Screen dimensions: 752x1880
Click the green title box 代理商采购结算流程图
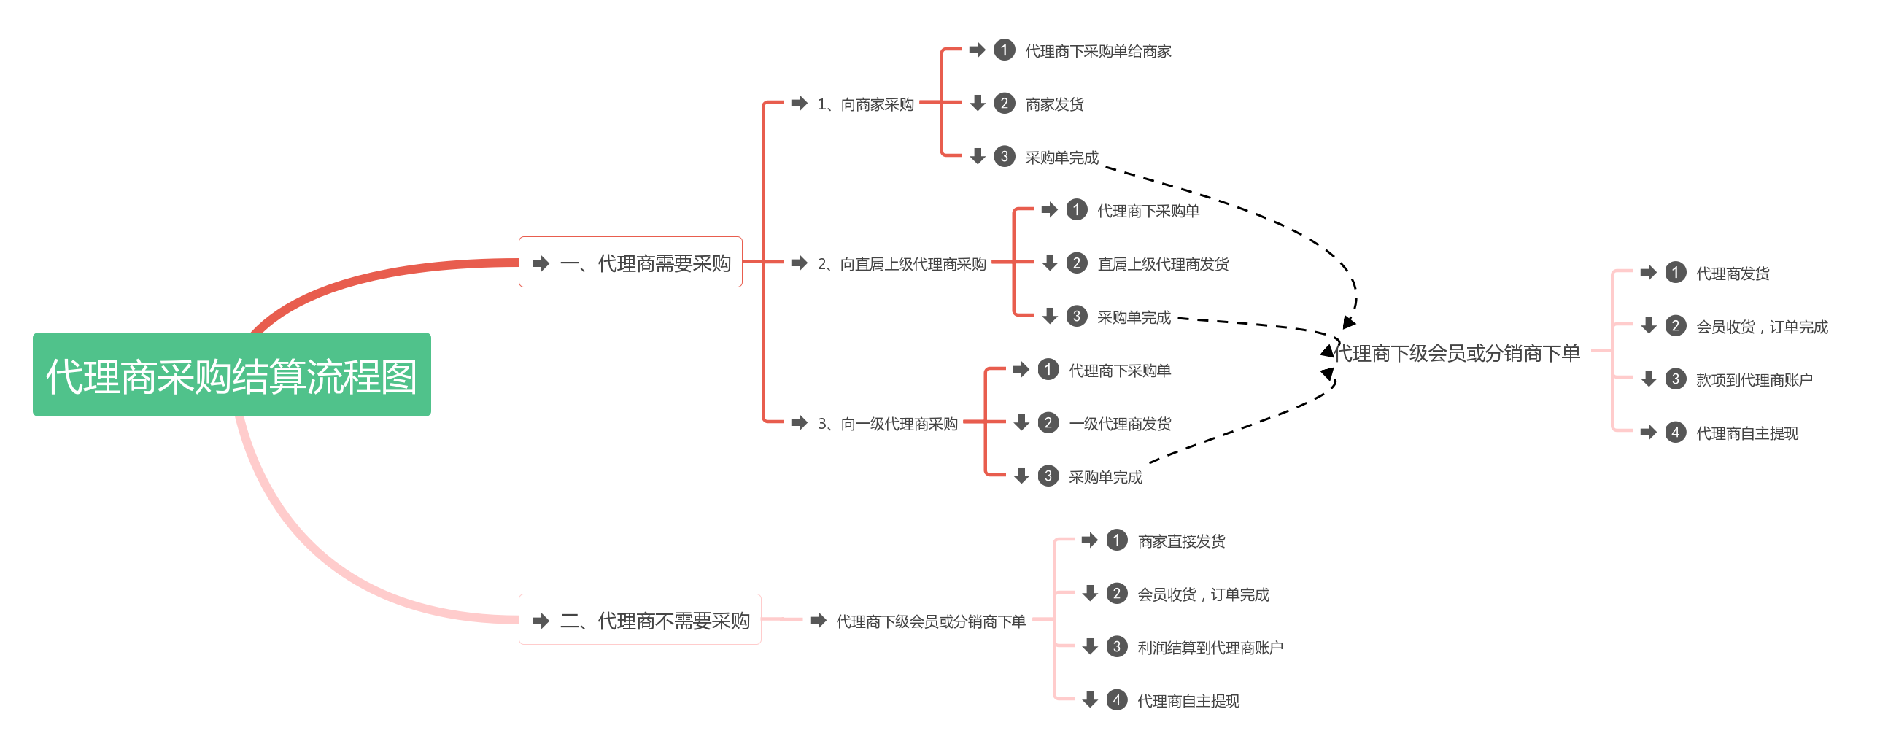(x=231, y=375)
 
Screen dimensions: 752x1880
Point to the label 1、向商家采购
(x=865, y=104)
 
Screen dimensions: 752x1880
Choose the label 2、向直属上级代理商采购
(x=901, y=264)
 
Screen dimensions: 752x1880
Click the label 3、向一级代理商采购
(x=887, y=424)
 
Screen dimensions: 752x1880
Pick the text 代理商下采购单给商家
(x=1098, y=51)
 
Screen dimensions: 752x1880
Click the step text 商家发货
(x=1054, y=104)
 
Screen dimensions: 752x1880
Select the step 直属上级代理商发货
(x=1163, y=264)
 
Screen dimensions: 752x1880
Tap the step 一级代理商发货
(x=1120, y=424)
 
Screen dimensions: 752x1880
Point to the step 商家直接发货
(x=1181, y=541)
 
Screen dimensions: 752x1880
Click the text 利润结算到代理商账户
(x=1210, y=648)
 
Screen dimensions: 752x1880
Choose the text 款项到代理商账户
(x=1754, y=380)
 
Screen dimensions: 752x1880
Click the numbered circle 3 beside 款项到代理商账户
(x=1676, y=379)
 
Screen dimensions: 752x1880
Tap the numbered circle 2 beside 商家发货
(x=1005, y=104)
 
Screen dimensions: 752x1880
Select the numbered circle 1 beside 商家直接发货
(x=1117, y=540)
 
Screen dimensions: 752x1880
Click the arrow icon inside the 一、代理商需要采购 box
(x=541, y=263)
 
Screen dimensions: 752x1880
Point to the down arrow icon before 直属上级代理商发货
(x=1051, y=263)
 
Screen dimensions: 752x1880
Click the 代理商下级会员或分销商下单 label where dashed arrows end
(x=1457, y=354)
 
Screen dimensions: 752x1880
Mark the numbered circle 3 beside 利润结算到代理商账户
(x=1117, y=647)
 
